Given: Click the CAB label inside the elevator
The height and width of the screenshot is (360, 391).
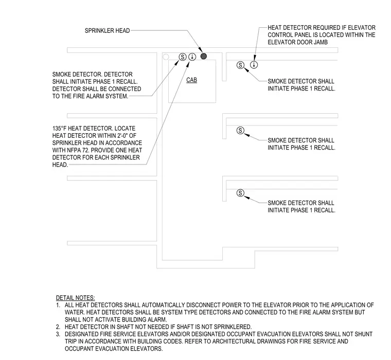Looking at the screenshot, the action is [191, 80].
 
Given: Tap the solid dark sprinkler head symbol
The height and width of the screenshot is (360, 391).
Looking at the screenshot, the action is [204, 57].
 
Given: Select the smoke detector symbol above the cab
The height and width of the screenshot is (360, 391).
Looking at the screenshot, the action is [183, 57].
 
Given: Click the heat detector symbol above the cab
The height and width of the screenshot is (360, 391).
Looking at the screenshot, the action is [192, 57].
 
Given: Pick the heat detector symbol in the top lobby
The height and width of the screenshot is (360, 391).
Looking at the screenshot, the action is [254, 65].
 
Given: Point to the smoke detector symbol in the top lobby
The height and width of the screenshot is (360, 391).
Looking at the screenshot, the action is [240, 65].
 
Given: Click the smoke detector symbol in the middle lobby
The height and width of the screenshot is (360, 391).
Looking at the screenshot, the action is [240, 131].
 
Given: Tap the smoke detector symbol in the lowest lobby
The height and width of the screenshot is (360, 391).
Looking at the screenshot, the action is [240, 193].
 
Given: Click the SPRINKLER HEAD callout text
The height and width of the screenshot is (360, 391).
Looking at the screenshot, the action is [107, 31].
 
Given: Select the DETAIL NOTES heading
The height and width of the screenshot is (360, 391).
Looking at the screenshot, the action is [75, 298].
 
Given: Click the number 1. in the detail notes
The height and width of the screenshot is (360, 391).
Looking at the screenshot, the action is [58, 305].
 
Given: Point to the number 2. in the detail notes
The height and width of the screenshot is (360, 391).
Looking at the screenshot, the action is [58, 327].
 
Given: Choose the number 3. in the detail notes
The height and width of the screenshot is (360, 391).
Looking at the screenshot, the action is [58, 334].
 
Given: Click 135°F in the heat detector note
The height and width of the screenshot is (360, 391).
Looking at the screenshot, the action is [59, 129].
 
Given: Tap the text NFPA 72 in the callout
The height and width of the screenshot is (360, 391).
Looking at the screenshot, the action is [76, 150].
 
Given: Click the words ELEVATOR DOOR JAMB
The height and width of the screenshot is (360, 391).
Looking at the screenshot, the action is [298, 42].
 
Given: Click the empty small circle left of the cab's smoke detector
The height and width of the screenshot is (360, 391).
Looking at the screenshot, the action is [166, 57].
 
